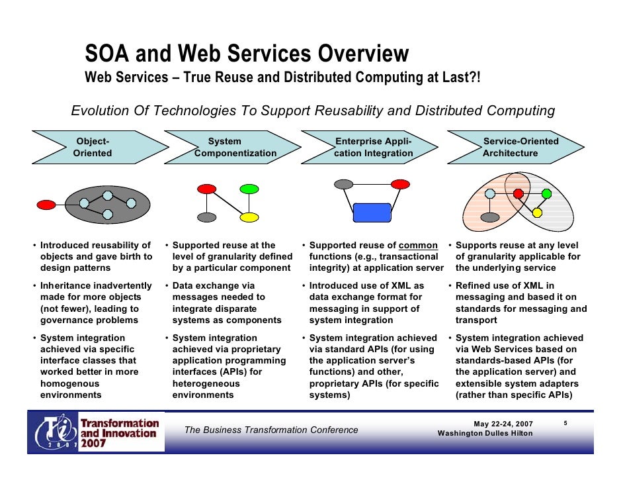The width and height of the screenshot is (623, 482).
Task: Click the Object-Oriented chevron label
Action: tap(93, 147)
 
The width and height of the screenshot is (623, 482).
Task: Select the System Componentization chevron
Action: tap(234, 147)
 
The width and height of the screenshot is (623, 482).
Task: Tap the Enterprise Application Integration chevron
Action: tap(373, 147)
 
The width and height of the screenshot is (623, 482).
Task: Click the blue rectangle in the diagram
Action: tap(372, 212)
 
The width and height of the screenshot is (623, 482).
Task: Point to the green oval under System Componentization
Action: tap(249, 189)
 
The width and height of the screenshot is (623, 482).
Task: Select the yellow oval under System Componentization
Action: tap(249, 217)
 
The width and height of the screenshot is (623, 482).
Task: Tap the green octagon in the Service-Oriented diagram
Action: tap(546, 193)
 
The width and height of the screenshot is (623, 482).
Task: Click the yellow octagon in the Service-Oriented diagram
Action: tap(537, 213)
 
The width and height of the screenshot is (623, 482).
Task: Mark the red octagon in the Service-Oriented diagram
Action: tap(519, 193)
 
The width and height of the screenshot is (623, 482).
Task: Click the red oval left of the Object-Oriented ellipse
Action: tap(46, 205)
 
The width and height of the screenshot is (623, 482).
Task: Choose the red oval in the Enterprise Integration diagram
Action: tap(400, 183)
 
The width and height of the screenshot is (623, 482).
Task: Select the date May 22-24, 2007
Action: tap(503, 424)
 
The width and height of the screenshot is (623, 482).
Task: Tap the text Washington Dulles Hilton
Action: tap(485, 433)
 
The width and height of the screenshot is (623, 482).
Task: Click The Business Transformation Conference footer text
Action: tap(271, 430)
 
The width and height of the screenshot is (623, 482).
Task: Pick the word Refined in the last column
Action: tap(474, 285)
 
